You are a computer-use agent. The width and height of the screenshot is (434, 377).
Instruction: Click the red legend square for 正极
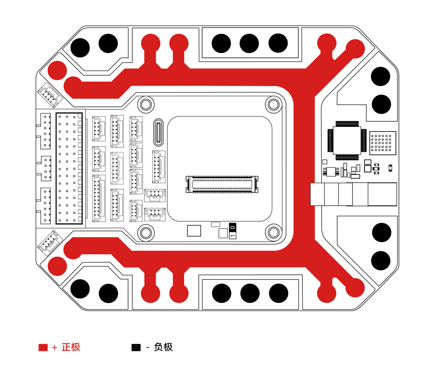tap(43, 347)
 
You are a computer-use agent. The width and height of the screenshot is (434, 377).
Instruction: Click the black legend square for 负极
tap(136, 347)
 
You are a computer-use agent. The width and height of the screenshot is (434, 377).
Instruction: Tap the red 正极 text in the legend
tap(71, 347)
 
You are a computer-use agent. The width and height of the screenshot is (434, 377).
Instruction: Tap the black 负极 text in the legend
tap(163, 347)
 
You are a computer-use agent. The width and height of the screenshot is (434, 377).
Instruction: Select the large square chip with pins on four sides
tap(347, 140)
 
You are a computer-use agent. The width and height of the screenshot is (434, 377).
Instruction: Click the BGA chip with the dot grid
tap(382, 143)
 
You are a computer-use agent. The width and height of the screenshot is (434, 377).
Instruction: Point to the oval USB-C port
tap(158, 133)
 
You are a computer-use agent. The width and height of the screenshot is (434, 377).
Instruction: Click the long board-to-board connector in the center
tap(222, 184)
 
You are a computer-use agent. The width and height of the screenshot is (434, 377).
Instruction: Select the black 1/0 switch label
tap(233, 231)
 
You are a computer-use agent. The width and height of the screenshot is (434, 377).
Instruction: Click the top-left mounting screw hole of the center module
tap(146, 105)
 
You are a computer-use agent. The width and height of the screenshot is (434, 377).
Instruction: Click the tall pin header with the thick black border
tap(69, 168)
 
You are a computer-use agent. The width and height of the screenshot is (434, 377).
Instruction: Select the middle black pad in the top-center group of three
tap(249, 43)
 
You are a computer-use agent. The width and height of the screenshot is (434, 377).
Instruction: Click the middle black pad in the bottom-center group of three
tap(250, 293)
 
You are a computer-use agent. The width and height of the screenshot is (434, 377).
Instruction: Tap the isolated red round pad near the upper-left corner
tap(57, 70)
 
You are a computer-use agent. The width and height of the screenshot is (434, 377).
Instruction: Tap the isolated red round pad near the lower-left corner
tap(57, 266)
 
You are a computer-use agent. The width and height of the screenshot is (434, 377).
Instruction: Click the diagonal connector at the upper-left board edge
tap(50, 95)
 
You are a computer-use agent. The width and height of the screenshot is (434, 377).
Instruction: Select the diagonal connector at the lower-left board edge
tap(50, 243)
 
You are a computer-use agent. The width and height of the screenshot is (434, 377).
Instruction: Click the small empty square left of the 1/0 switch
tap(194, 231)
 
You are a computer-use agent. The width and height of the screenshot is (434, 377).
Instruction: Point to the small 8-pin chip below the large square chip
tap(331, 172)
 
